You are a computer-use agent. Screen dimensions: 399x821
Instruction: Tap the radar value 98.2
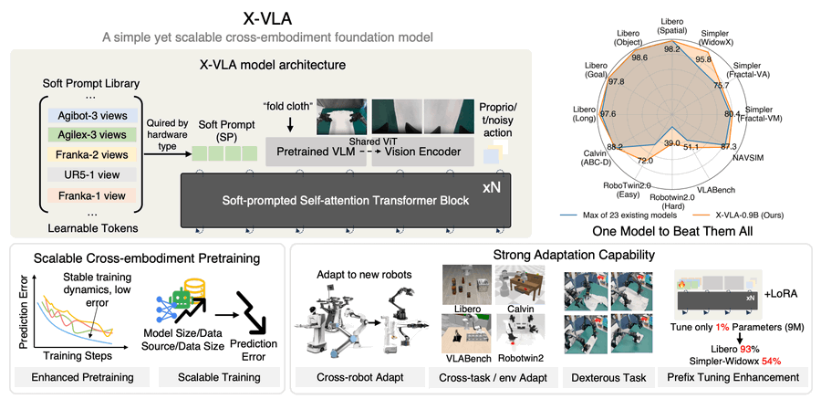tap(674, 50)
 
